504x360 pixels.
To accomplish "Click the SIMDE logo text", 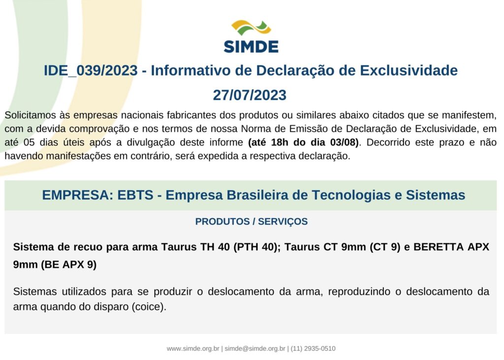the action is click(x=251, y=47).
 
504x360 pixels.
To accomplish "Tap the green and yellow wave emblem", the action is click(x=251, y=28).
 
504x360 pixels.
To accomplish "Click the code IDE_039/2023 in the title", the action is click(x=91, y=70).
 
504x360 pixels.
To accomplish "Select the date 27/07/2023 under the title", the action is click(x=250, y=95).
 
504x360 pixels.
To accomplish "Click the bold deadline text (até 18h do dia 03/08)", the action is click(x=303, y=142).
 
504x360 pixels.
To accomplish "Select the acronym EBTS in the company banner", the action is click(x=135, y=195).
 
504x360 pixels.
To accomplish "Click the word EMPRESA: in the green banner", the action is click(x=77, y=195).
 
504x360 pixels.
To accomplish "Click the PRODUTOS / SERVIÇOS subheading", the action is click(x=252, y=221).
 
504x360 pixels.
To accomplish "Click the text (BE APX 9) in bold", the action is click(x=68, y=264).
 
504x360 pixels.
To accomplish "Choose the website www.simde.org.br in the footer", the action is click(x=193, y=348).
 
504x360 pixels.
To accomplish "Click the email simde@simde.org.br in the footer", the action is click(x=255, y=348).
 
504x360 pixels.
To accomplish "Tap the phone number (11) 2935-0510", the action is click(x=313, y=348).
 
